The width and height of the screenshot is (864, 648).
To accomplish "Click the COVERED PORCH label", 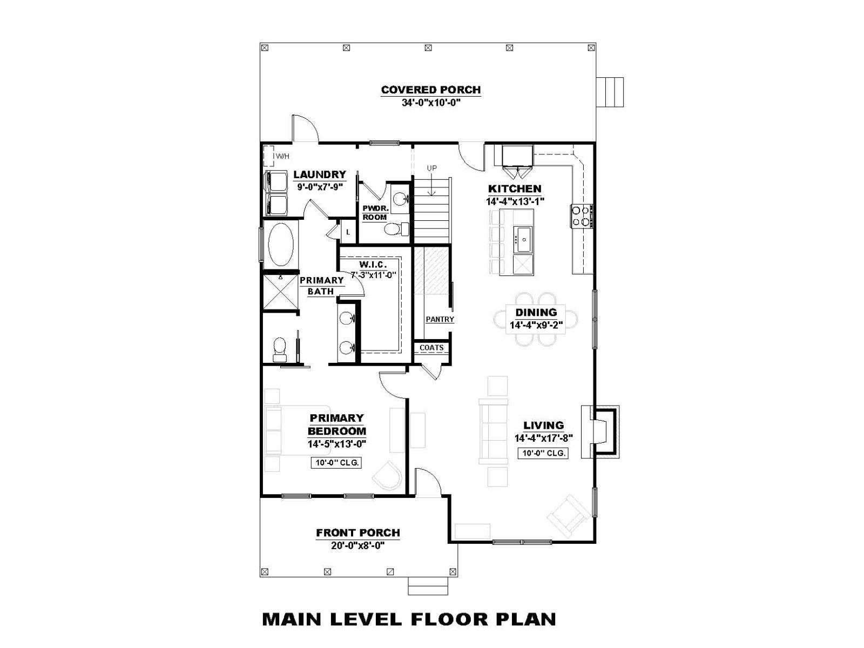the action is click(x=430, y=90).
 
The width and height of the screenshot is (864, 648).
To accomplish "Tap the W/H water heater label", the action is click(x=282, y=157).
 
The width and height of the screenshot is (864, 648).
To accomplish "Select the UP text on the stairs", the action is click(x=432, y=168).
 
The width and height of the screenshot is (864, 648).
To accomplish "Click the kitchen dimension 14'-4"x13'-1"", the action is click(x=515, y=201).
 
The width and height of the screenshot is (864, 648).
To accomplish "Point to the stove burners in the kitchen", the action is click(x=582, y=215).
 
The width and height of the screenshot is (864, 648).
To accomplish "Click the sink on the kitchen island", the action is click(x=523, y=239).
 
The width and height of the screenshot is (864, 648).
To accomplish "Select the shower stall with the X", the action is click(x=281, y=292).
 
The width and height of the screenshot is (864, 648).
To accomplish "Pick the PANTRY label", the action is click(x=440, y=319).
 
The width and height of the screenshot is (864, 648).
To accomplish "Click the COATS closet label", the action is click(x=431, y=348).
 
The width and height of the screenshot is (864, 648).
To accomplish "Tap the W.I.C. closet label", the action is click(x=373, y=265).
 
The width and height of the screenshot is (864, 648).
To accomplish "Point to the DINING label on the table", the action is click(x=536, y=313).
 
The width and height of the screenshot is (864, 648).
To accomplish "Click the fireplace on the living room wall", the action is click(x=600, y=431).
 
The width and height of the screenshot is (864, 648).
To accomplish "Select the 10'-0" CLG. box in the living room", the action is click(x=543, y=453).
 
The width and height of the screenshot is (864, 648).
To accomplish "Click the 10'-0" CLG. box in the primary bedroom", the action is click(x=336, y=463).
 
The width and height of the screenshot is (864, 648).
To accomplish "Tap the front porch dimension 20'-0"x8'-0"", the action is click(x=357, y=545).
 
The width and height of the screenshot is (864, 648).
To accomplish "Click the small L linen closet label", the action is click(x=348, y=232).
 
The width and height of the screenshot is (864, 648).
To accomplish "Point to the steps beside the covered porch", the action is click(x=610, y=92).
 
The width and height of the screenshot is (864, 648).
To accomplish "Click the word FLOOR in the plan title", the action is click(x=445, y=618).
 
